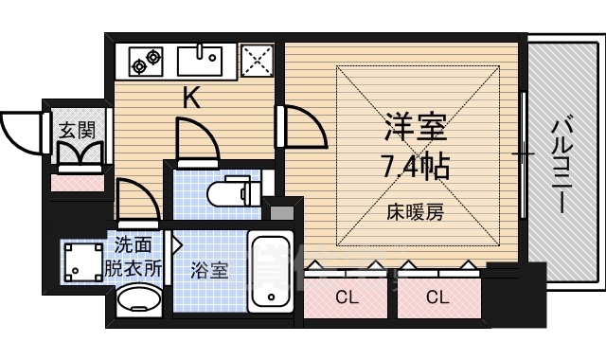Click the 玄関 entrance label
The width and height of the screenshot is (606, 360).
pyautogui.click(x=77, y=129)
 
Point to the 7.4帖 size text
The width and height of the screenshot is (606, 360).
pyautogui.click(x=415, y=168)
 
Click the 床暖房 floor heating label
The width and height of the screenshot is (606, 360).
pyautogui.click(x=413, y=211)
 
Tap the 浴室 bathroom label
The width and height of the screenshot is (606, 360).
pyautogui.click(x=207, y=269)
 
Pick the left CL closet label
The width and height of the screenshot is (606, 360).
pyautogui.click(x=347, y=297)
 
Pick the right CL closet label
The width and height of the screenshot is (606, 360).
pyautogui.click(x=436, y=297)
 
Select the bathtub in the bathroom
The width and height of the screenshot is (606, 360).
pyautogui.click(x=274, y=273)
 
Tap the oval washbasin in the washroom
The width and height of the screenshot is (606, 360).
pyautogui.click(x=138, y=304)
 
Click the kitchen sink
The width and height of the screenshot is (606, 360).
pyautogui.click(x=200, y=63)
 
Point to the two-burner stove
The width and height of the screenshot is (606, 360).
pyautogui.click(x=146, y=62)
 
